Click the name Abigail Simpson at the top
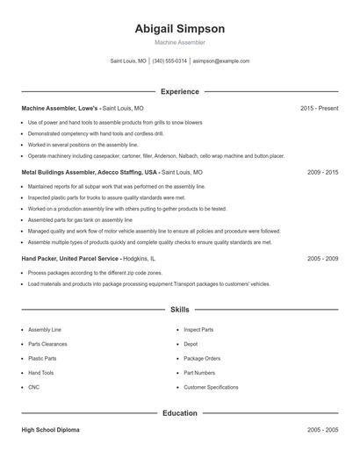pos(180,29)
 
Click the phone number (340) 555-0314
pos(169,61)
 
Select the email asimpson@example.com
pos(221,61)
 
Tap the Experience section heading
pos(180,91)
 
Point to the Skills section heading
pos(180,310)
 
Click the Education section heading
pos(180,412)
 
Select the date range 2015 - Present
pos(319,108)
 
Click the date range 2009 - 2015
pos(322,173)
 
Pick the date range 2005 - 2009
pos(322,259)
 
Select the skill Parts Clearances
pos(47,344)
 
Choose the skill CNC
pos(34,387)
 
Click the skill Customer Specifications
pos(211,387)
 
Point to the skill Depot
pos(191,344)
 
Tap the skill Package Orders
pos(202,358)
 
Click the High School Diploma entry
pos(50,430)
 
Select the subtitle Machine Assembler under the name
pos(180,42)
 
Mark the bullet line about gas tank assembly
pos(80,220)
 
